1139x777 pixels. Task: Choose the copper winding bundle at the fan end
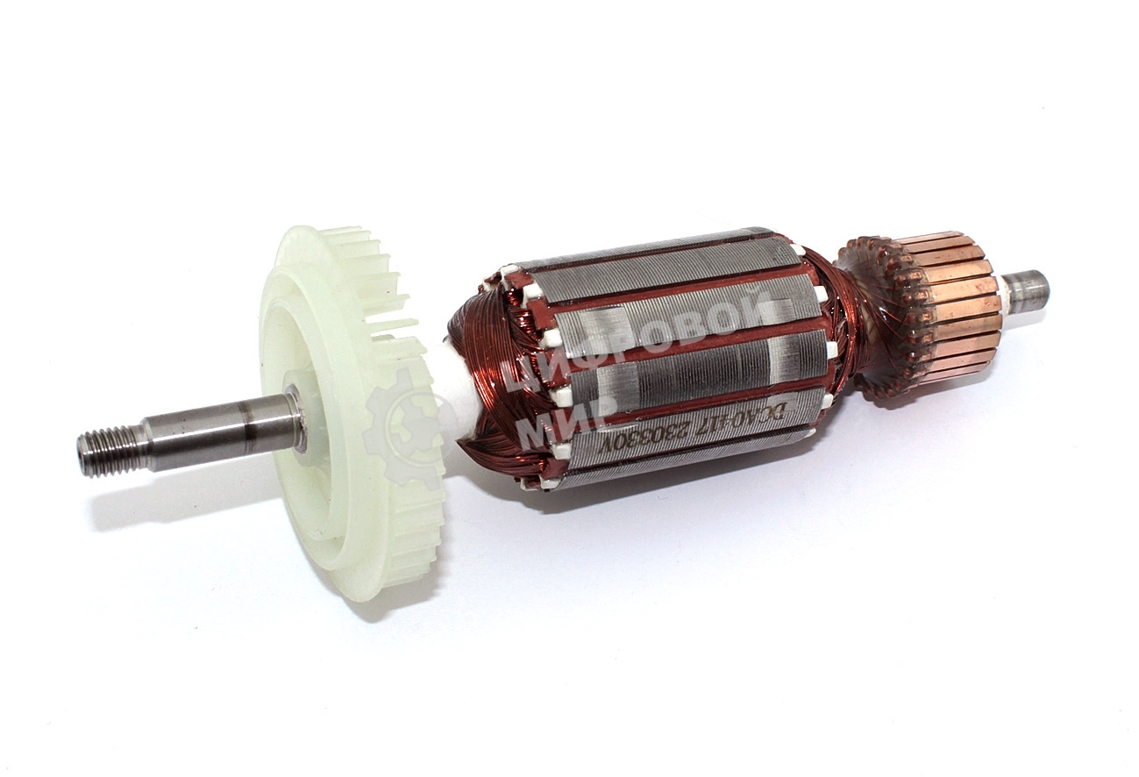coord(478,386)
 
